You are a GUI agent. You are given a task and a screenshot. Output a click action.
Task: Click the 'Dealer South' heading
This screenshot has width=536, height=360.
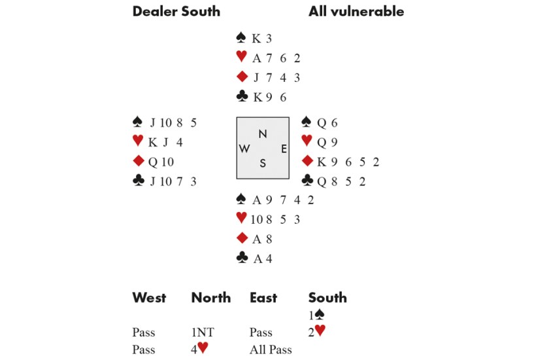click(x=176, y=11)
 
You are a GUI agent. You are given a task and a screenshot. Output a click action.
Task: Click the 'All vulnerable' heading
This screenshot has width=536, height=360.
click(x=356, y=11)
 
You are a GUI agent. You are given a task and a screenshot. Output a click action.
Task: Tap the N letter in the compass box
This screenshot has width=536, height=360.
click(x=262, y=134)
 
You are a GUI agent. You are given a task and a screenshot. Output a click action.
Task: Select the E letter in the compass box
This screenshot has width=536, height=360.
click(x=284, y=149)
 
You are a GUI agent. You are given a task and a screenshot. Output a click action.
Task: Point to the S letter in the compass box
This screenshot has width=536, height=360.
click(x=262, y=164)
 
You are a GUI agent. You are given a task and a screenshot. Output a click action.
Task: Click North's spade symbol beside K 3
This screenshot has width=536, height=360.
click(x=242, y=38)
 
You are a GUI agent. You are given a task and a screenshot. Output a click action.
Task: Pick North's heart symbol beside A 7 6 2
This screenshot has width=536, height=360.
click(x=242, y=57)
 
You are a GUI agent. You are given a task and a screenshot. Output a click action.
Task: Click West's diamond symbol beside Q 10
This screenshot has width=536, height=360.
click(x=138, y=161)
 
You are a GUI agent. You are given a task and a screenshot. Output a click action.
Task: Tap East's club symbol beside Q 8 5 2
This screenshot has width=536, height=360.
click(x=307, y=180)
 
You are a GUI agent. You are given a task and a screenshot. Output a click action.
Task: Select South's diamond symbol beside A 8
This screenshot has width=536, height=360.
click(x=242, y=239)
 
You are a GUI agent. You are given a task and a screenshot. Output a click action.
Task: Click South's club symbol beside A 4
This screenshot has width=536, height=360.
click(x=242, y=258)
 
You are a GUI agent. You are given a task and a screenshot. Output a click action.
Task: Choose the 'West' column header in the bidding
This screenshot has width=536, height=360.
click(x=149, y=298)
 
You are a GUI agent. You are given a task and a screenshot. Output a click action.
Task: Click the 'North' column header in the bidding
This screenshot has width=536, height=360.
click(x=210, y=298)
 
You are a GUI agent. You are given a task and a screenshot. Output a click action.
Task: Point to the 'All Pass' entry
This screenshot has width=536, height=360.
click(x=271, y=350)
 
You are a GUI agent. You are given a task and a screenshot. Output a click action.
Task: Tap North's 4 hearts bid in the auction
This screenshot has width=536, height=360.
click(x=199, y=350)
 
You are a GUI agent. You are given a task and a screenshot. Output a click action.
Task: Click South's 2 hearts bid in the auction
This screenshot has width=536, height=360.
click(x=316, y=333)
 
